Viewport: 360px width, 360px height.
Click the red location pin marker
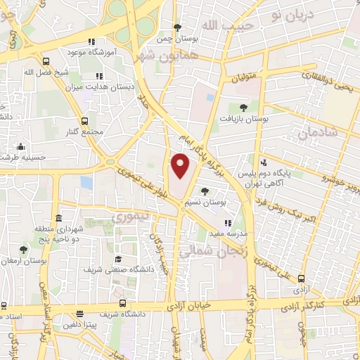coord(181,165)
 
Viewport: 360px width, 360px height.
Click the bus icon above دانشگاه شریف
coord(123,303)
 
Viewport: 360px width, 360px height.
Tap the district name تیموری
coord(131,217)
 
